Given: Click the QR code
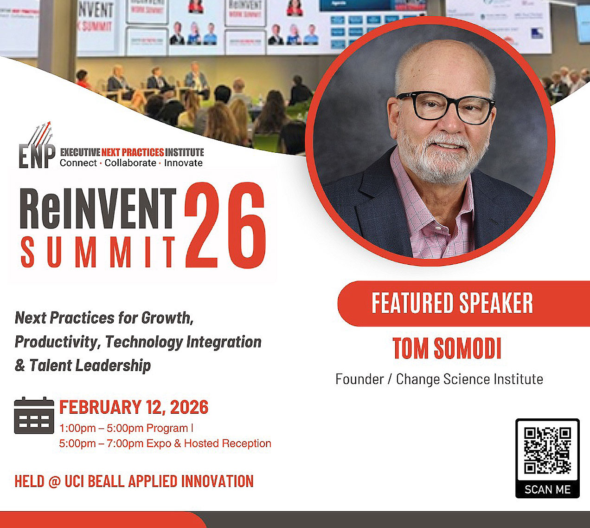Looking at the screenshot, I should tap(547, 450).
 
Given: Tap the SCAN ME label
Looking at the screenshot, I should tap(547, 489).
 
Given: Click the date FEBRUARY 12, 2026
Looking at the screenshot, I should tap(134, 407).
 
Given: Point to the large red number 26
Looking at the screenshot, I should tap(225, 226).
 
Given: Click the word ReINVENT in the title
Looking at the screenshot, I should tap(98, 209).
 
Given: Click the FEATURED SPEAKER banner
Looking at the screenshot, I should tap(452, 303).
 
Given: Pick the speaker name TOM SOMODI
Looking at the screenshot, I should tap(447, 349).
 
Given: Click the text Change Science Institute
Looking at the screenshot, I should tap(469, 379).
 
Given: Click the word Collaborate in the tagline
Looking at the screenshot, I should tap(130, 163).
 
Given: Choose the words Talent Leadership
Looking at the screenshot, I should tap(90, 365).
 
